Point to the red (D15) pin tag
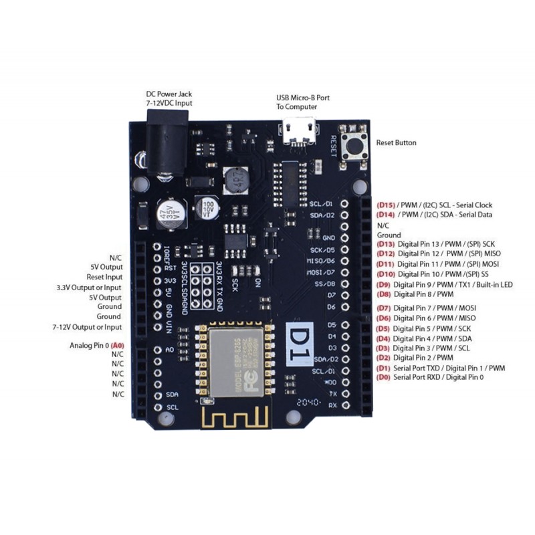pyautogui.click(x=386, y=204)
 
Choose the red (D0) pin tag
pyautogui.click(x=383, y=377)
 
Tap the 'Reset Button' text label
pyautogui.click(x=396, y=142)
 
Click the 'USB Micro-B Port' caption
pyautogui.click(x=302, y=98)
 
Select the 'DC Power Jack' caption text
pyautogui.click(x=169, y=94)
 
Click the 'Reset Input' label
pyautogui.click(x=104, y=277)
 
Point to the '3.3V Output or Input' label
pyautogui.click(x=89, y=287)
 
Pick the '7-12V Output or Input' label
pyautogui.click(x=87, y=327)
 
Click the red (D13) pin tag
pyautogui.click(x=386, y=244)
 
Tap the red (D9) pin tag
pyautogui.click(x=384, y=285)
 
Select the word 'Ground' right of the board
pyautogui.click(x=389, y=235)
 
